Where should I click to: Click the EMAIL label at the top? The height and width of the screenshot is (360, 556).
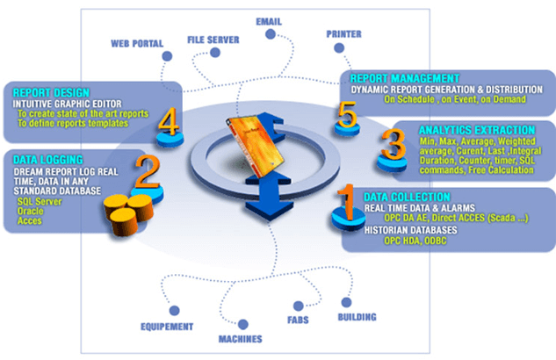pyautogui.click(x=269, y=20)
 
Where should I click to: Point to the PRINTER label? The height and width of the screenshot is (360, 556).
pyautogui.click(x=344, y=34)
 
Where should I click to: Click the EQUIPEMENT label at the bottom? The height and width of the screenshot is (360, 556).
pyautogui.click(x=167, y=327)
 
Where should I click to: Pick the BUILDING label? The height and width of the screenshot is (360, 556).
pyautogui.click(x=357, y=316)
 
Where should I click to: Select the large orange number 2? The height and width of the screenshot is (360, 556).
pyautogui.click(x=148, y=174)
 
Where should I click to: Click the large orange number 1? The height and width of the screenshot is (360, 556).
pyautogui.click(x=347, y=201)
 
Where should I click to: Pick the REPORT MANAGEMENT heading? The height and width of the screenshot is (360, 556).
pyautogui.click(x=404, y=77)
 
